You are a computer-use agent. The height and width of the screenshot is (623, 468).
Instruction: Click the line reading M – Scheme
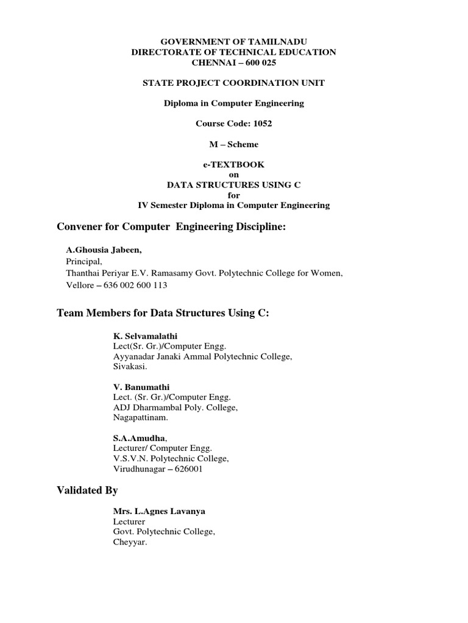coord(234,144)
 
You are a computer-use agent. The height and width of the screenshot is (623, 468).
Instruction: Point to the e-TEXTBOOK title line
coord(234,164)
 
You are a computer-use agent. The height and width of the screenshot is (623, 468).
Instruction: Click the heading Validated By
coord(87,490)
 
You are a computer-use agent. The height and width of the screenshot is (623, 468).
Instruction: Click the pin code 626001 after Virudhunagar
coord(186,469)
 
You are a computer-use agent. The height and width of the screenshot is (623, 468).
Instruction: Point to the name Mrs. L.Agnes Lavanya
coord(159,511)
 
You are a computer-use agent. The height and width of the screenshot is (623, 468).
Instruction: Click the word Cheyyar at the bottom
coord(130,543)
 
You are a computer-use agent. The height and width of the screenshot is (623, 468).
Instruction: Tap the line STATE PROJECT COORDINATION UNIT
coord(234,83)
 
